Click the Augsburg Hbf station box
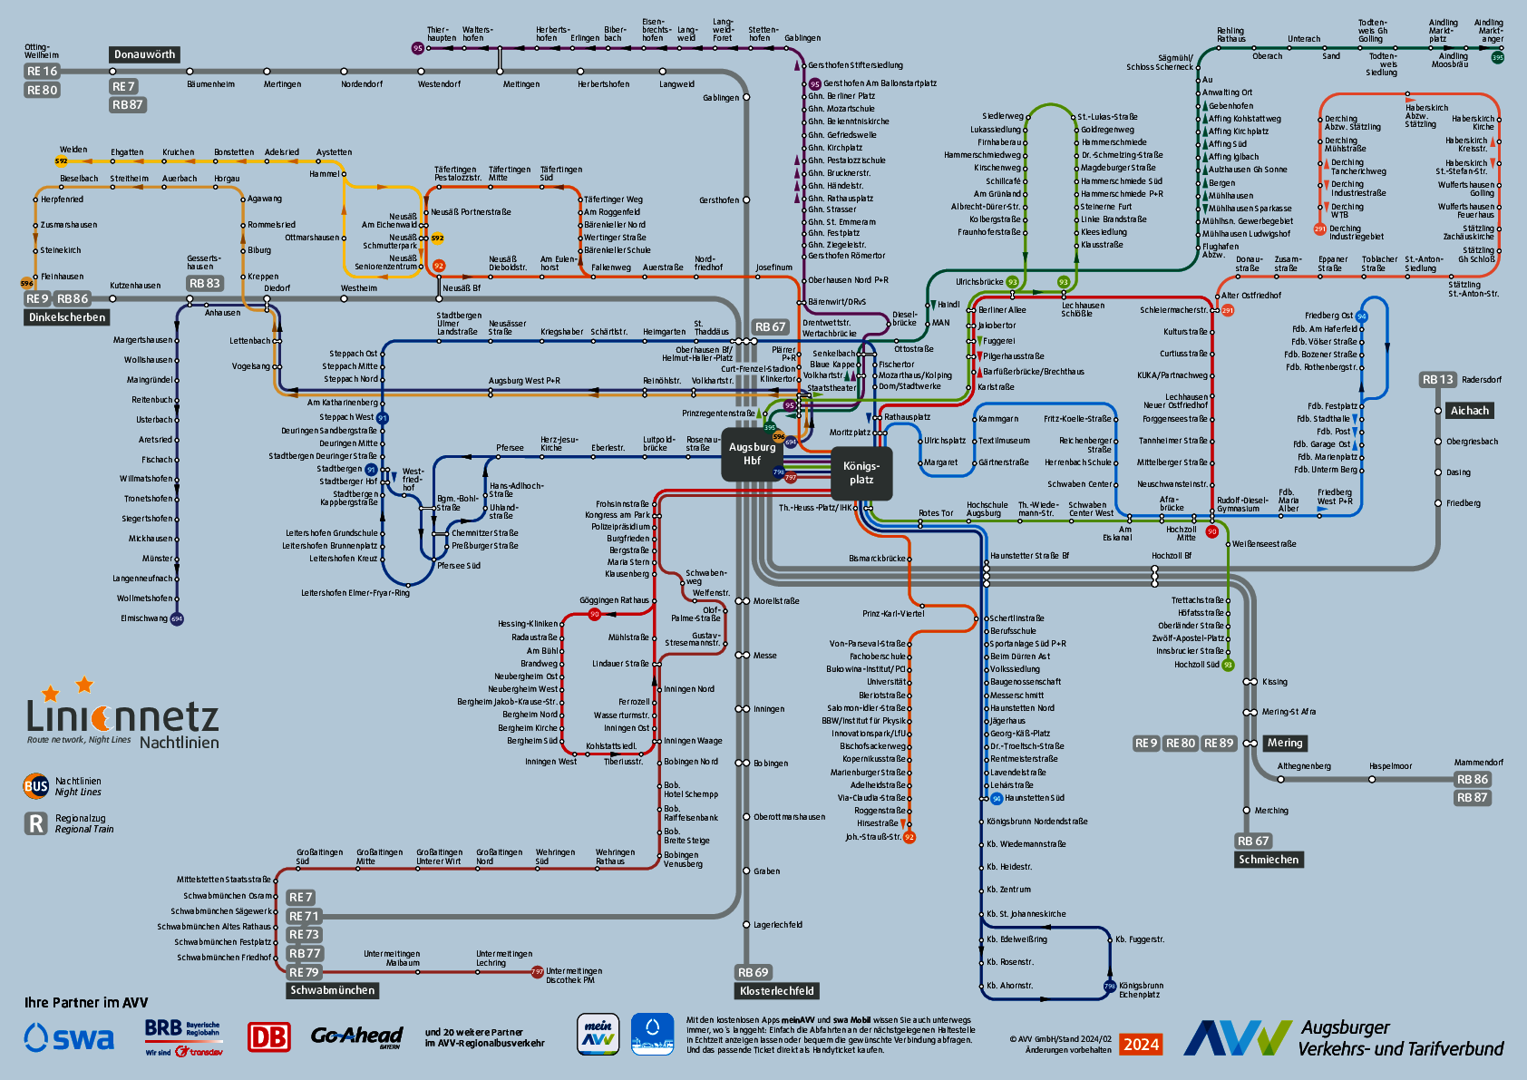[752, 453]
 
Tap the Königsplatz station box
[861, 472]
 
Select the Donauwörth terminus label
[144, 54]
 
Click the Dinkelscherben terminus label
[67, 317]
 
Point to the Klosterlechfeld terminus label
[776, 991]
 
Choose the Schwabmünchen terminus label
[332, 990]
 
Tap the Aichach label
[1469, 411]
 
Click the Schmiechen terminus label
[1269, 860]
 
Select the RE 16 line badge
[42, 71]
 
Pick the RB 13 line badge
[1437, 380]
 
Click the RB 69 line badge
[753, 972]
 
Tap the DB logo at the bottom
[269, 1036]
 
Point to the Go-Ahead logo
[356, 1036]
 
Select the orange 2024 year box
[1141, 1045]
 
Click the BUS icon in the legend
[36, 786]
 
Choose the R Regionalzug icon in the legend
[36, 823]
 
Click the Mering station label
[1284, 743]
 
